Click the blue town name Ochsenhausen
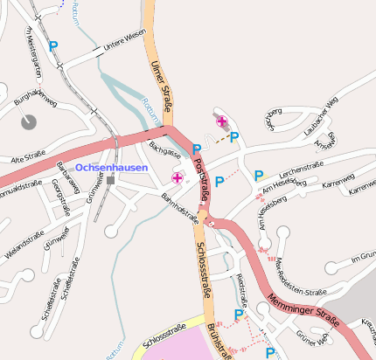(x=111, y=167)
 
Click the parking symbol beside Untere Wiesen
(x=53, y=46)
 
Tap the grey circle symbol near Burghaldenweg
(x=29, y=121)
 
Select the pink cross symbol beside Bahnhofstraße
(x=178, y=178)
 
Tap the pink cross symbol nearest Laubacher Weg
(x=221, y=121)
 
